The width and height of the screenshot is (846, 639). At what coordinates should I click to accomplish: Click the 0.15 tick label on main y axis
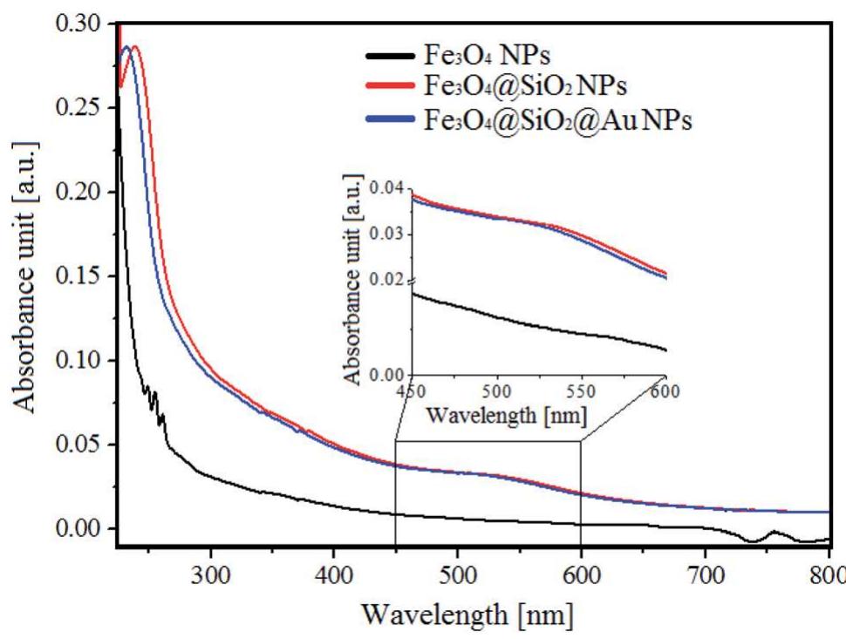82,276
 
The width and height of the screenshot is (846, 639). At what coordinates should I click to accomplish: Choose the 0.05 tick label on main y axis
82,445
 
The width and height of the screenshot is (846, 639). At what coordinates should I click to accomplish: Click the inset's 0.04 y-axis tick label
386,188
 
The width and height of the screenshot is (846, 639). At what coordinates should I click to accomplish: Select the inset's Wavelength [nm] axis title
506,414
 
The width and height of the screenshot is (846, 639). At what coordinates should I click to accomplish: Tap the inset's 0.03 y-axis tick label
386,234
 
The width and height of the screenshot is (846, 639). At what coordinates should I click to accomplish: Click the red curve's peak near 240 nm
135,48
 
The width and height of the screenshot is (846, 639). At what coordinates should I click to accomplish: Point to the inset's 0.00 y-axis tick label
386,376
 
